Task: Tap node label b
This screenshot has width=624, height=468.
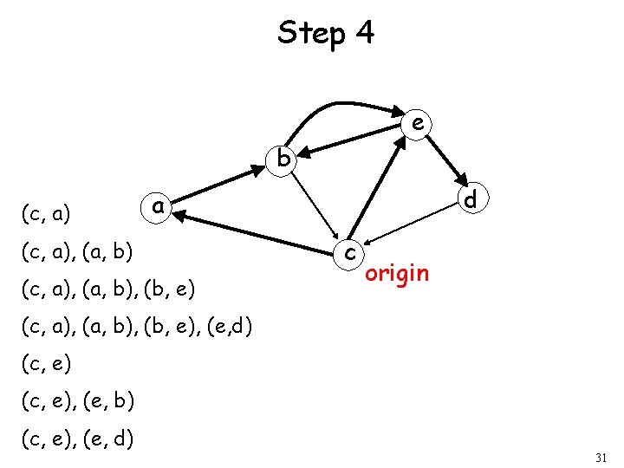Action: point(283,159)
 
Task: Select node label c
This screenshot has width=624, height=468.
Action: point(348,252)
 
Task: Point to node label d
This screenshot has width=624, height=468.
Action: point(471,200)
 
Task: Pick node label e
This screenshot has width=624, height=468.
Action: point(418,124)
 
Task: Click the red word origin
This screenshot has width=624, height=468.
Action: point(397,274)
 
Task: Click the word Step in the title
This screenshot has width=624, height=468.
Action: point(308,33)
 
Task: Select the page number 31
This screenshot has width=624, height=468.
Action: point(601,456)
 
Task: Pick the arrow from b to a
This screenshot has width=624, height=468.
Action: point(222,184)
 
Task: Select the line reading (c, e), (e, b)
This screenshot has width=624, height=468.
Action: point(76,402)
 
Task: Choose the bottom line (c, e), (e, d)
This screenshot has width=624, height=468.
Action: point(76,439)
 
